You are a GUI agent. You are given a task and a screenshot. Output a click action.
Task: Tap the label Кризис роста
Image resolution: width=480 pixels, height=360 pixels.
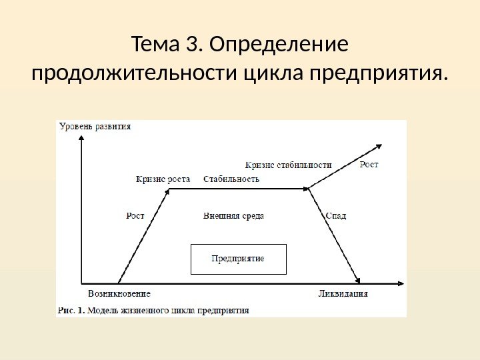(x=163, y=179)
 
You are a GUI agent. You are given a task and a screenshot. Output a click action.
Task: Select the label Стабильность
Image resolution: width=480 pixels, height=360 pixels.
(x=231, y=179)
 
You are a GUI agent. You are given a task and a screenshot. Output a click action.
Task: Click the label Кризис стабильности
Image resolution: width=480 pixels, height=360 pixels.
(x=289, y=165)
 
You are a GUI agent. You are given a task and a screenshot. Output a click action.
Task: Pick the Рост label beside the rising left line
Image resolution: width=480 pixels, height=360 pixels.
(x=135, y=215)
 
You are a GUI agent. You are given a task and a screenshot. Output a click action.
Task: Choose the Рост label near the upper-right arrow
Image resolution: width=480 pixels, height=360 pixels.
(x=369, y=165)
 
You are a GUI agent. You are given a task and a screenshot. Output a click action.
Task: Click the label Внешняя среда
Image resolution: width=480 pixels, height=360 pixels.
(x=233, y=215)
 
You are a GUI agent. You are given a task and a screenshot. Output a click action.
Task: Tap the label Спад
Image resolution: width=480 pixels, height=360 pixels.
(x=337, y=215)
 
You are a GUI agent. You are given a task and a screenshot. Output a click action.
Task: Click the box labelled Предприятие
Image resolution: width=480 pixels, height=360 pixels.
(x=238, y=259)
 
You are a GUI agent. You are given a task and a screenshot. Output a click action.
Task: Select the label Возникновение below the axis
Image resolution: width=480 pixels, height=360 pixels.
(x=119, y=293)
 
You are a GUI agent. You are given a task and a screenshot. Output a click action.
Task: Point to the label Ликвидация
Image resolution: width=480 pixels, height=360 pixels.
(x=343, y=293)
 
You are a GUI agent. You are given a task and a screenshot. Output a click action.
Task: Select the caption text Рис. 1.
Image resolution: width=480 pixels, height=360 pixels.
(x=71, y=309)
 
